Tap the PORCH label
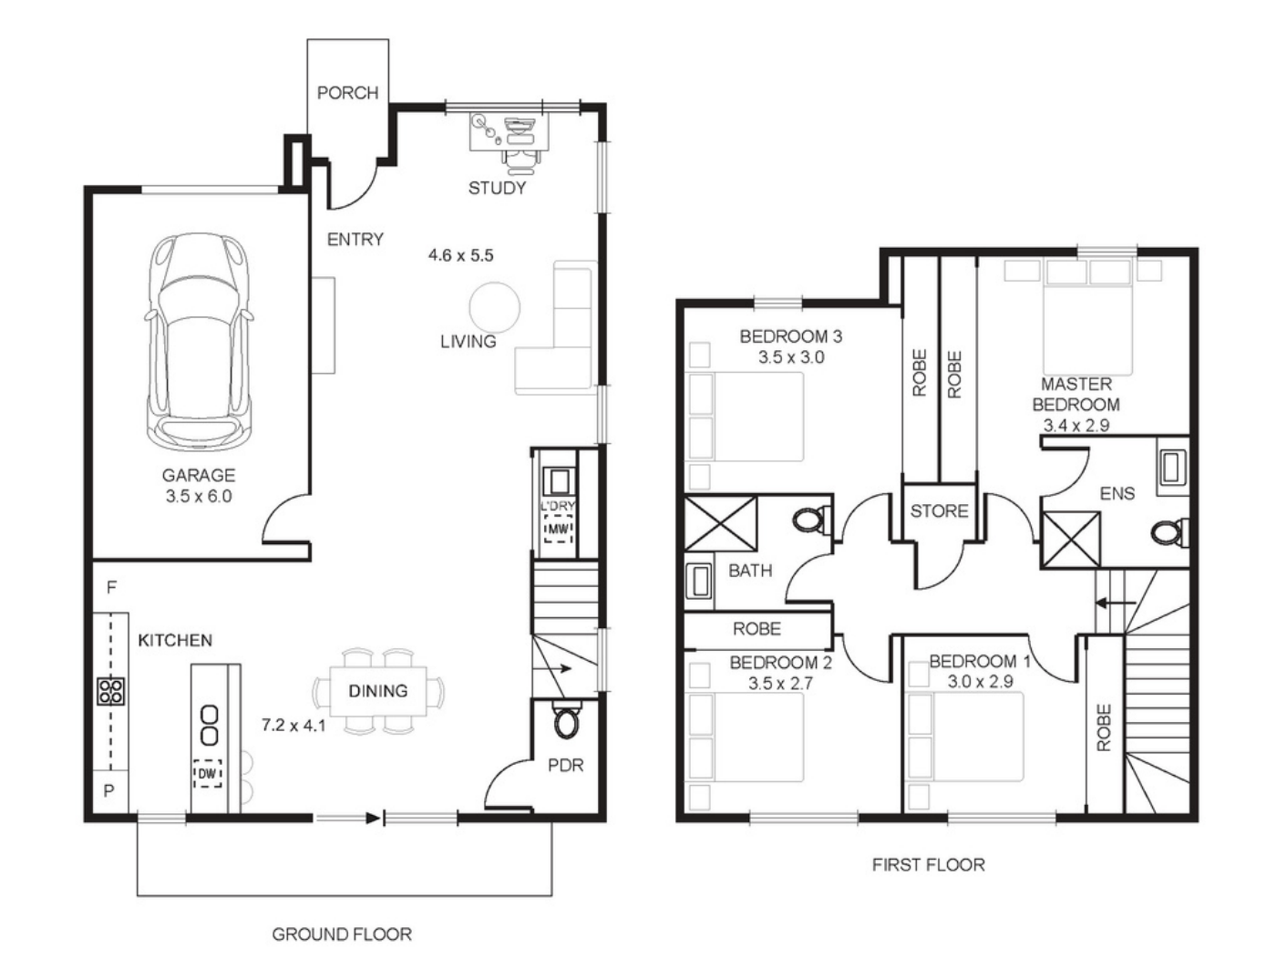(x=347, y=93)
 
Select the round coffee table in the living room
(x=494, y=307)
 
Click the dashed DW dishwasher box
(x=207, y=773)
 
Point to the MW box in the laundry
(x=558, y=529)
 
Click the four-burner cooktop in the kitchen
(x=111, y=691)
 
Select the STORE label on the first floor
(x=939, y=510)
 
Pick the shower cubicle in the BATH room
(x=721, y=523)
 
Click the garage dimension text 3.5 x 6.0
(x=199, y=496)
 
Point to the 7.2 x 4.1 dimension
(x=293, y=725)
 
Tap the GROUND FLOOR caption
(x=342, y=934)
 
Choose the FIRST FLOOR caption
(x=929, y=864)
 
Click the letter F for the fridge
(x=111, y=587)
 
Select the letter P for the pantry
(x=108, y=790)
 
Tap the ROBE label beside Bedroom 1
(x=1104, y=728)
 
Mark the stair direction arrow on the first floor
(x=1116, y=603)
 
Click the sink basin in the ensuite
(x=1171, y=468)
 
